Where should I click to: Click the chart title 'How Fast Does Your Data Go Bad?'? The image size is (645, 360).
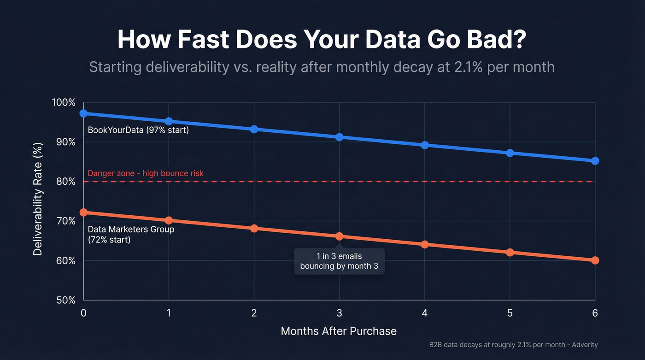tap(322, 40)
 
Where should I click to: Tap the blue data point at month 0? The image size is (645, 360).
tap(83, 113)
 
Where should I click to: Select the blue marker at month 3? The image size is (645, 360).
tap(340, 137)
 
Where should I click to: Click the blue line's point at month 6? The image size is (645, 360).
tap(595, 161)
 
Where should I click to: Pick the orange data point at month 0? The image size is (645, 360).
tap(83, 212)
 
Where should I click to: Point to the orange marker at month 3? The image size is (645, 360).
tap(340, 236)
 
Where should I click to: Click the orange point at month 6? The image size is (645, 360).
tap(595, 260)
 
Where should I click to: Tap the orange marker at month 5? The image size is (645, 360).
tap(510, 253)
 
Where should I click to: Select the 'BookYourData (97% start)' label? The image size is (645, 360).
tap(138, 130)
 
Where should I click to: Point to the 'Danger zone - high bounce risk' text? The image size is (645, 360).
tap(146, 173)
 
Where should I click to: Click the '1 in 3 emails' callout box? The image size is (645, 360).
tap(339, 261)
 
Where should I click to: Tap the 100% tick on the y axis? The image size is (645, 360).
tap(64, 102)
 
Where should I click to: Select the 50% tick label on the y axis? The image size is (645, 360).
tap(65, 300)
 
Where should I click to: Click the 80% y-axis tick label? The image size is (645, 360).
tap(65, 182)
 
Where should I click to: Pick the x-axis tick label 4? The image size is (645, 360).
tap(424, 313)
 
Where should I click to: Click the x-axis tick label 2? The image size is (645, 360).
tap(254, 313)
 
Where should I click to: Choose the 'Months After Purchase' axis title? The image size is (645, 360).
tap(339, 331)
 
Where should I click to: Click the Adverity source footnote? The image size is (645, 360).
tap(513, 345)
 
